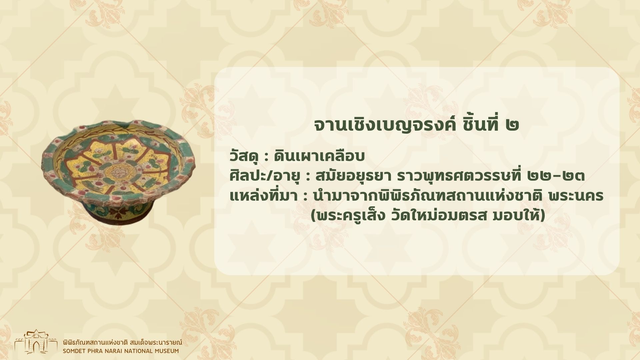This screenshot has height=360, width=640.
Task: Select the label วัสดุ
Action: pyautogui.click(x=244, y=156)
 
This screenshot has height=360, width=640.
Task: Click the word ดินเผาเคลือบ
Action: pyautogui.click(x=319, y=156)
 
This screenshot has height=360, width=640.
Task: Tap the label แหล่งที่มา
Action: pyautogui.click(x=263, y=196)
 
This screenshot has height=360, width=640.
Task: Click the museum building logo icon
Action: pyautogui.click(x=36, y=342)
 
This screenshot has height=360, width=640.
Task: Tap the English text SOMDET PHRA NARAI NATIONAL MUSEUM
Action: pyautogui.click(x=121, y=351)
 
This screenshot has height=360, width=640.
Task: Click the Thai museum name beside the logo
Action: pyautogui.click(x=122, y=342)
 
